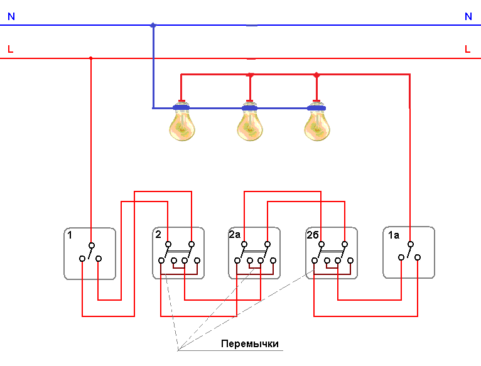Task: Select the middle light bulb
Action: (x=249, y=126)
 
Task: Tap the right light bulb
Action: (x=316, y=126)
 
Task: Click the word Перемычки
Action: (x=249, y=344)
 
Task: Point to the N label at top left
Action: (x=11, y=17)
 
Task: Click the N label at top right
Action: (x=468, y=17)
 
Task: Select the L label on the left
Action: (x=10, y=49)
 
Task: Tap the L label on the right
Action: (x=467, y=49)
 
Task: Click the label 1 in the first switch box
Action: (x=70, y=235)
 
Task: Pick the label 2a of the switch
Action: (x=234, y=235)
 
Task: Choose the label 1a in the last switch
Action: (x=393, y=235)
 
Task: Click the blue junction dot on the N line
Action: (x=153, y=25)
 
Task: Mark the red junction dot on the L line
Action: (x=91, y=58)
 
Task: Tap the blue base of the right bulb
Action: (x=316, y=108)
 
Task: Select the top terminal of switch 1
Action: (x=91, y=245)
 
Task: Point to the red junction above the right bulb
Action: (x=316, y=75)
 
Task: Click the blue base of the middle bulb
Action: (x=249, y=108)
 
